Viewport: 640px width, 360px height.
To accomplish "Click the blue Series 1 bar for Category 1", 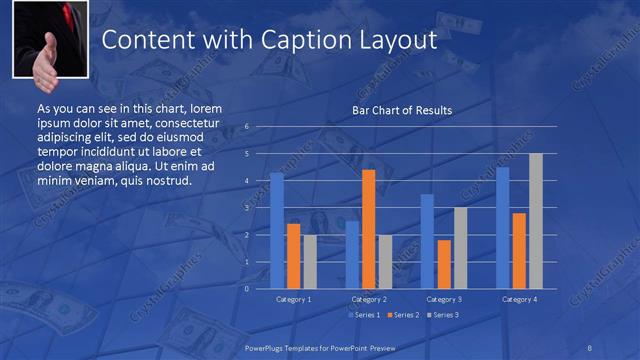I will tap(277, 231).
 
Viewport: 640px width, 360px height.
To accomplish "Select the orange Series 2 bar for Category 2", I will tap(368, 229).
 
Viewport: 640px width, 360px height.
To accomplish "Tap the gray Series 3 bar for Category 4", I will tap(535, 221).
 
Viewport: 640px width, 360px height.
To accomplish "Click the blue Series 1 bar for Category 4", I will tap(503, 228).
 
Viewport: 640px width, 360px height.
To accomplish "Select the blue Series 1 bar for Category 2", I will tap(352, 255).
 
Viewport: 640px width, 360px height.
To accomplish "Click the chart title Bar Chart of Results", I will tap(402, 110).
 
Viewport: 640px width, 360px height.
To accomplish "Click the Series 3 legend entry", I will tap(444, 315).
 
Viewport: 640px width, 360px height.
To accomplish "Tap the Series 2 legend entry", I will tap(404, 315).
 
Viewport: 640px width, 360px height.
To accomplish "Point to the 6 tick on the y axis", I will tap(246, 127).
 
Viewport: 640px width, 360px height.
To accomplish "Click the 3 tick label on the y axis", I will tap(246, 208).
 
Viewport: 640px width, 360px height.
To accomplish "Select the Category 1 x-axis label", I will tap(293, 299).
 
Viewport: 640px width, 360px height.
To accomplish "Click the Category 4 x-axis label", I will tap(519, 299).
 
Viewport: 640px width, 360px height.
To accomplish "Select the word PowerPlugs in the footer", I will tap(269, 346).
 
